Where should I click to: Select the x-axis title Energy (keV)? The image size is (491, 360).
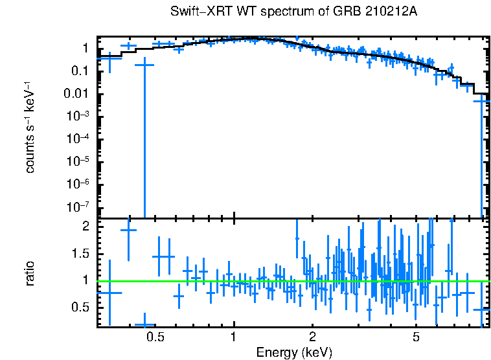[x=294, y=353]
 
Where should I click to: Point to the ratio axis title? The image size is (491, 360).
[x=30, y=273]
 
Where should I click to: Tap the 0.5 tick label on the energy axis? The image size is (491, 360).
[x=155, y=337]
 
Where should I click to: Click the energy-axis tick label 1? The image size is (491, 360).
[x=233, y=337]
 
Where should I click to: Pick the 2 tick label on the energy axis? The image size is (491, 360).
[x=312, y=337]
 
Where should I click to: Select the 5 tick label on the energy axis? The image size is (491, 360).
[x=416, y=337]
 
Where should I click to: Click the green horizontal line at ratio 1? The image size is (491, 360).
[x=291, y=281]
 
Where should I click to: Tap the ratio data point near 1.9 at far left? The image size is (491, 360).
[x=128, y=230]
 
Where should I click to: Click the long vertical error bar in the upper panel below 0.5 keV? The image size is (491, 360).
[x=144, y=142]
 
